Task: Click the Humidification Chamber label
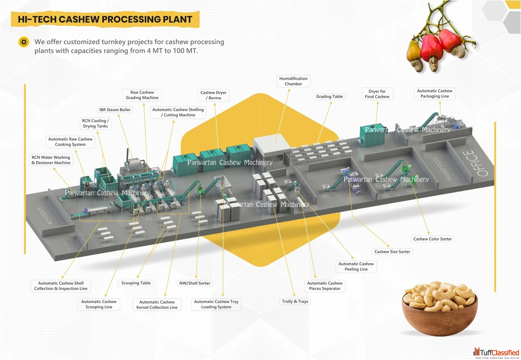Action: [293, 81]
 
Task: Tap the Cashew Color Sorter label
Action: [432, 239]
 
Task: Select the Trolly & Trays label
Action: [295, 301]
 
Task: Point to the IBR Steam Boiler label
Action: [115, 110]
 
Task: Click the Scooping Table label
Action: [136, 283]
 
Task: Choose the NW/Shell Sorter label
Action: [195, 283]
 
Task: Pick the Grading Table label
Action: [329, 97]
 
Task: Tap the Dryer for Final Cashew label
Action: [377, 94]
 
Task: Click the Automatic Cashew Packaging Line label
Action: [435, 94]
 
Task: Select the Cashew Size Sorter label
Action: [392, 252]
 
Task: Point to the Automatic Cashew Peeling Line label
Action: [356, 266]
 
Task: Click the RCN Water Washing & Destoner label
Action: [51, 160]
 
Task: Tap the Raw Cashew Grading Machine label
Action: [142, 95]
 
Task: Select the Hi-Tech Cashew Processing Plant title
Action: [105, 19]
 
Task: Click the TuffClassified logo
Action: [497, 353]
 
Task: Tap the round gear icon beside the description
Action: [24, 42]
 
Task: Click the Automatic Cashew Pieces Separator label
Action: [325, 286]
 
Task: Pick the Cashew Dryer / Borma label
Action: [213, 95]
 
